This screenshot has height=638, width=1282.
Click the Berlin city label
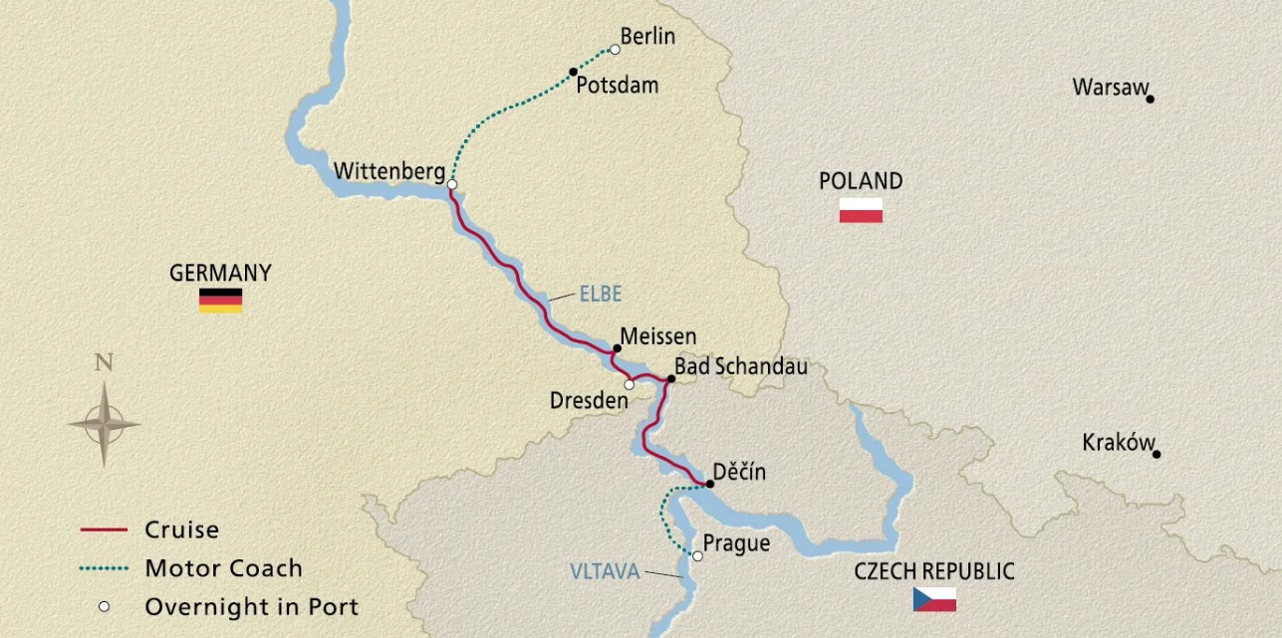click(x=646, y=37)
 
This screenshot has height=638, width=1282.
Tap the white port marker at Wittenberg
click(x=452, y=184)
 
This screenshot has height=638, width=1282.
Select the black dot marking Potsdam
click(x=573, y=71)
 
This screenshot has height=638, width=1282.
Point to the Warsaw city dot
click(x=1150, y=99)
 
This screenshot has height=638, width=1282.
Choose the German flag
click(x=220, y=301)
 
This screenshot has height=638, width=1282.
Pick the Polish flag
click(x=861, y=210)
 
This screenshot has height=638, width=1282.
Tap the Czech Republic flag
click(x=934, y=599)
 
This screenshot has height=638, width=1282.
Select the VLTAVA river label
click(x=605, y=571)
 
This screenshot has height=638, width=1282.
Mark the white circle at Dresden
click(x=629, y=384)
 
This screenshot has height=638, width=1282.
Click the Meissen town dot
click(x=617, y=348)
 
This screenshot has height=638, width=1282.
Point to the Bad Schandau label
click(x=740, y=366)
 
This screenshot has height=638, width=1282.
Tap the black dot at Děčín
click(x=708, y=484)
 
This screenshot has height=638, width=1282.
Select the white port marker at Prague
click(x=697, y=556)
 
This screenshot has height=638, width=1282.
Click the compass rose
click(x=104, y=423)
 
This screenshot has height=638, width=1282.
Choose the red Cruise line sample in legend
click(x=104, y=531)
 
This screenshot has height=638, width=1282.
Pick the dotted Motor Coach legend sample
click(x=104, y=569)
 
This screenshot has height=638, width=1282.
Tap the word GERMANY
click(x=220, y=273)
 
